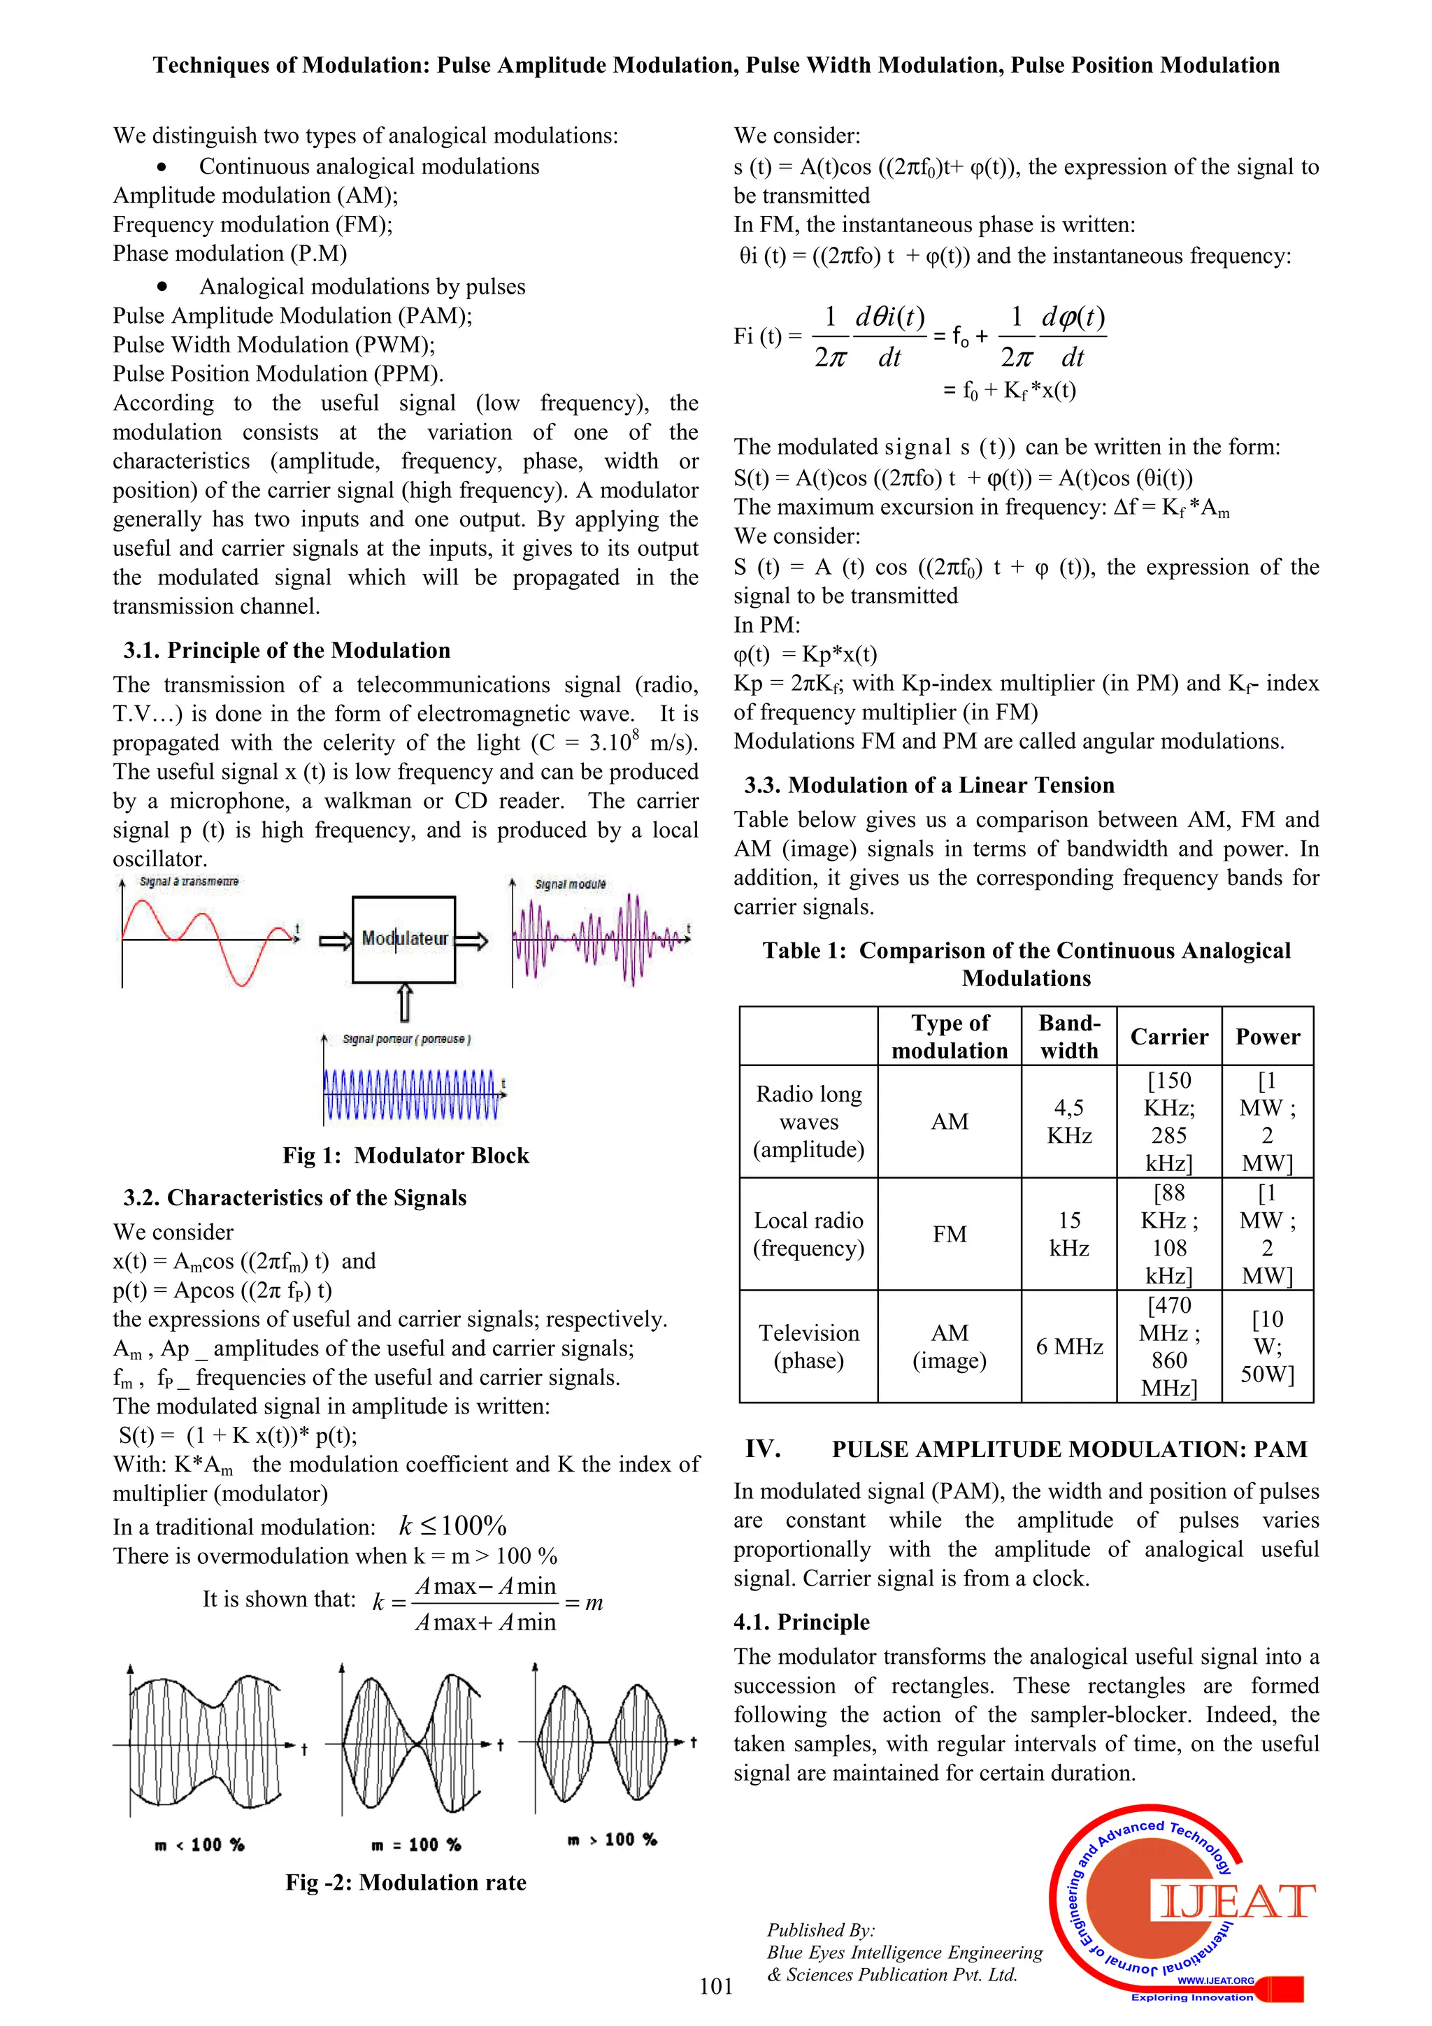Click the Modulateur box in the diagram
point(403,939)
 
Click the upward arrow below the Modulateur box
point(404,1003)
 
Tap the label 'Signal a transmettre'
point(189,882)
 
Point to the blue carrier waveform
point(410,1095)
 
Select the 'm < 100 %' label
point(199,1844)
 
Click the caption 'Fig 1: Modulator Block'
point(405,1155)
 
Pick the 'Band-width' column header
point(1068,1036)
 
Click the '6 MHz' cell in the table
point(1068,1346)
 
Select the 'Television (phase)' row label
point(808,1346)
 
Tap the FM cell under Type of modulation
point(950,1234)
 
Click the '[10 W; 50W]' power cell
point(1267,1346)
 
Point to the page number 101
point(715,1985)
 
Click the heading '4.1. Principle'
point(801,1622)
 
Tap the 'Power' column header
point(1267,1036)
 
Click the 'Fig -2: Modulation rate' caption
point(405,1882)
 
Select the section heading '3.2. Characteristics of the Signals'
point(294,1198)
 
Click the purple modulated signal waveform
point(600,939)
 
